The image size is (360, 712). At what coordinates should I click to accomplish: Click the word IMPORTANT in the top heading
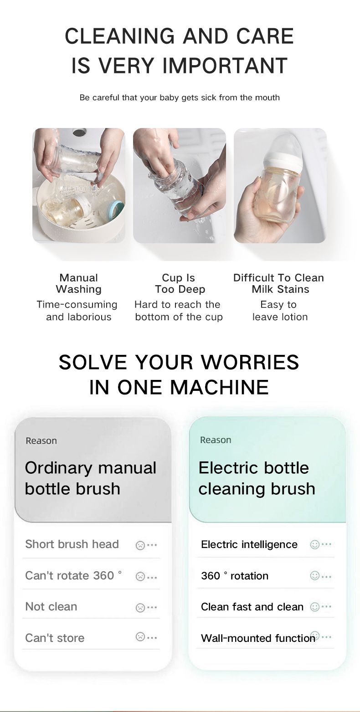[225, 66]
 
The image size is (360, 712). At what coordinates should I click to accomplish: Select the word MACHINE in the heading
[220, 387]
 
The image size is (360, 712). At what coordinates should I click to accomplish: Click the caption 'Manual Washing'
[78, 283]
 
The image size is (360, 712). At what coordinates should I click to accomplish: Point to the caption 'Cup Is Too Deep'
[180, 283]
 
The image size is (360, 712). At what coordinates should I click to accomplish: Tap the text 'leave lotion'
[280, 317]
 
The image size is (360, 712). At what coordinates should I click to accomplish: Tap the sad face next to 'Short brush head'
[140, 545]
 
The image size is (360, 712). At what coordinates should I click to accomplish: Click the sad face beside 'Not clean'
[140, 607]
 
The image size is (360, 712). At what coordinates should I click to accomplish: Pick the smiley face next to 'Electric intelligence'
[314, 544]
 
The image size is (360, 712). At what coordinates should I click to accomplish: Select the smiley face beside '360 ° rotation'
[314, 576]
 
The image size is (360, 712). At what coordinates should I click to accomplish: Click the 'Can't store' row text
[55, 638]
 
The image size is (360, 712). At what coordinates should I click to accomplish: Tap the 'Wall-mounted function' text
[258, 638]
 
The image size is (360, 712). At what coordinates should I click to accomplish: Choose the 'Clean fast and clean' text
[252, 607]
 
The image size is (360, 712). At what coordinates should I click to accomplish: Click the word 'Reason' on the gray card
[41, 441]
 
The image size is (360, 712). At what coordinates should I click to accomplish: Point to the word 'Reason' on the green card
[216, 440]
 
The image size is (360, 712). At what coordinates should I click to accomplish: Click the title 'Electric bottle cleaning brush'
[257, 478]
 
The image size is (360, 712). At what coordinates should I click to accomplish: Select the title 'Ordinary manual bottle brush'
[91, 478]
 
